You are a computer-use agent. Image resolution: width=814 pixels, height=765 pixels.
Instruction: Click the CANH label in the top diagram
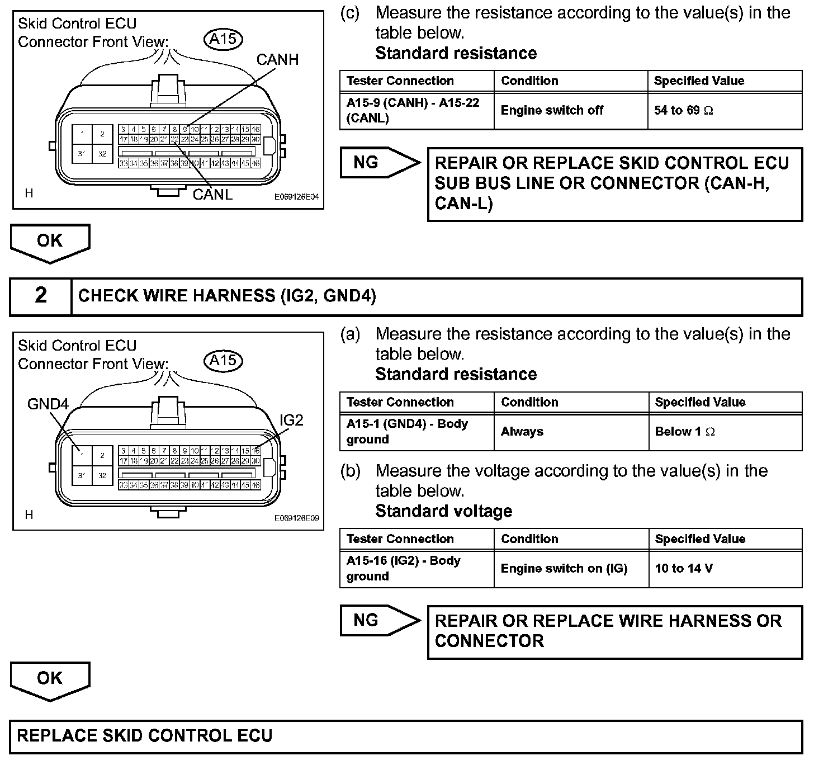pyautogui.click(x=277, y=59)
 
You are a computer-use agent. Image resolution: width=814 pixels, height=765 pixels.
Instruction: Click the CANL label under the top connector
pyautogui.click(x=212, y=194)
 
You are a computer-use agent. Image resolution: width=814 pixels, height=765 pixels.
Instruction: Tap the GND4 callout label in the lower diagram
pyautogui.click(x=48, y=404)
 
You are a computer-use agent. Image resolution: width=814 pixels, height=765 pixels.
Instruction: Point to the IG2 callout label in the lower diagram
pyautogui.click(x=291, y=420)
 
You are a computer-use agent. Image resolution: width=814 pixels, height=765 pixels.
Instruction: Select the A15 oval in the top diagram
pyautogui.click(x=224, y=39)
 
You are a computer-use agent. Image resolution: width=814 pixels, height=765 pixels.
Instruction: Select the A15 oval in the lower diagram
pyautogui.click(x=224, y=361)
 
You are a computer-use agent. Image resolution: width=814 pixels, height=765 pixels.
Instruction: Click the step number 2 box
pyautogui.click(x=41, y=296)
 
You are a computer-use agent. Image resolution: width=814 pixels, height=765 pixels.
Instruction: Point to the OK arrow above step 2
pyautogui.click(x=50, y=242)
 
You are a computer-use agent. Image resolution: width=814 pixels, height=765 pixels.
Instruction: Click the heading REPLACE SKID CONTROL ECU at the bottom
pyautogui.click(x=145, y=735)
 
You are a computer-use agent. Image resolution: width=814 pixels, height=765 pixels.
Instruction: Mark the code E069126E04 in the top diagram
pyautogui.click(x=296, y=197)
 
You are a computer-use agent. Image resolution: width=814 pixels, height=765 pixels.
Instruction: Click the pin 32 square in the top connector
pyautogui.click(x=102, y=154)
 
